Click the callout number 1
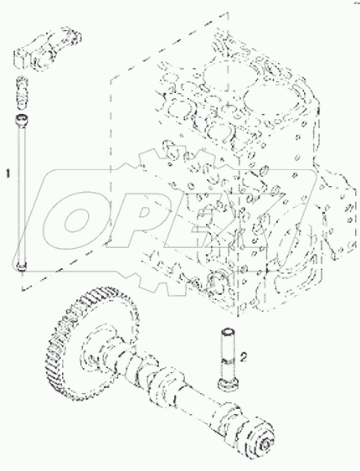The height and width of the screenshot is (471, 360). click(9, 175)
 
